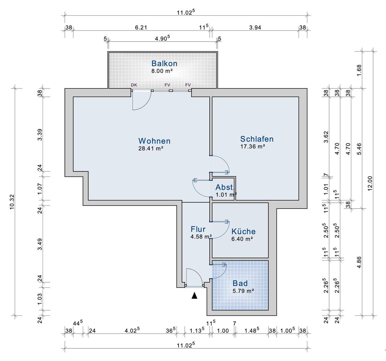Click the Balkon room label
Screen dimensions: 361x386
164,63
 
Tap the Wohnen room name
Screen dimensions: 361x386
154,141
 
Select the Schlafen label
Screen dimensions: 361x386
257,139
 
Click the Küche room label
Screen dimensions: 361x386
243,231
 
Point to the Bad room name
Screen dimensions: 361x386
240,283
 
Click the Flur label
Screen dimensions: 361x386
198,229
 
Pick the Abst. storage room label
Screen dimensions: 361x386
225,187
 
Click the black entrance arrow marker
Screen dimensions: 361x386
195,295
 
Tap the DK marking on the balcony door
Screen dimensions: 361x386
134,85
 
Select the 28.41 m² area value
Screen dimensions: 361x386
151,148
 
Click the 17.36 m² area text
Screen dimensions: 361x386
253,146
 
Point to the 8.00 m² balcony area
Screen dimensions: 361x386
162,71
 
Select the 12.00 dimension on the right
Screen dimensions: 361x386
370,183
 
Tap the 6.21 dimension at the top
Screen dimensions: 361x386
141,28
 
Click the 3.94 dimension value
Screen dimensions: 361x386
255,28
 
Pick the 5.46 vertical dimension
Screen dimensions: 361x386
359,149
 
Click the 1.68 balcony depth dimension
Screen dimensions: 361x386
359,70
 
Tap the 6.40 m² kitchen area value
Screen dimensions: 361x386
242,239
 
